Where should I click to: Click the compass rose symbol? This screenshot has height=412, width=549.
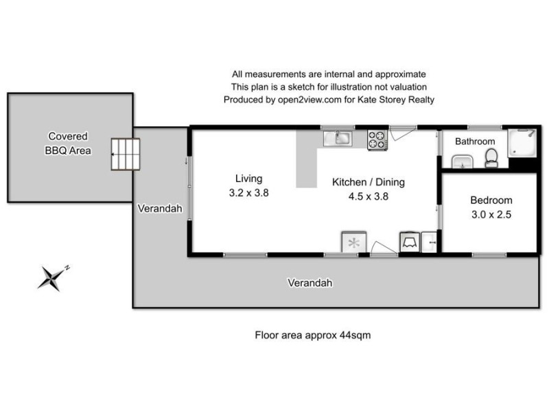click(x=52, y=277)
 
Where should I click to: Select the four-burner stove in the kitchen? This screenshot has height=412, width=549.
click(x=377, y=139)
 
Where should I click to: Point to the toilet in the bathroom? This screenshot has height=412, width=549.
click(x=491, y=159)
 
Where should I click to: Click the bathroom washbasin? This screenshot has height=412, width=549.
click(x=461, y=161)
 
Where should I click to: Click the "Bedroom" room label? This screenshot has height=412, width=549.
click(x=491, y=201)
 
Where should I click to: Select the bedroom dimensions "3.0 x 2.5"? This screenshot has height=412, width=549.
click(x=491, y=214)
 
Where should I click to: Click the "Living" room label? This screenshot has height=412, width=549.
click(x=248, y=179)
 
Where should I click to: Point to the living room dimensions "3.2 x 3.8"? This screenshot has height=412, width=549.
click(x=248, y=193)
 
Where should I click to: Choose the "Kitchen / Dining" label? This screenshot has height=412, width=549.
click(x=369, y=182)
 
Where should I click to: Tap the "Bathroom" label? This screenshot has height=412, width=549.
click(x=475, y=141)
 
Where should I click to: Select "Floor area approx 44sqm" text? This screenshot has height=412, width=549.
click(x=313, y=336)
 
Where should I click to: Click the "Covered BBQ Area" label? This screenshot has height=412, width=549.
click(x=67, y=143)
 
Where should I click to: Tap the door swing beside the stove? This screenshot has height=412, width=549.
click(x=401, y=132)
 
